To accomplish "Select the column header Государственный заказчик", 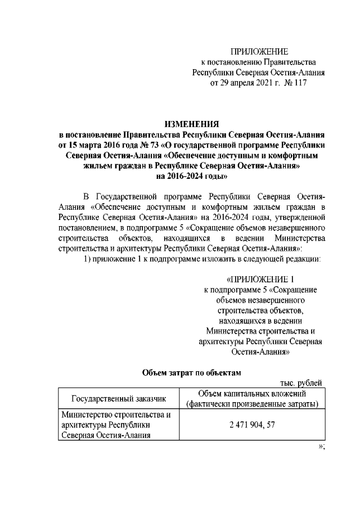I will coord(119,399).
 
